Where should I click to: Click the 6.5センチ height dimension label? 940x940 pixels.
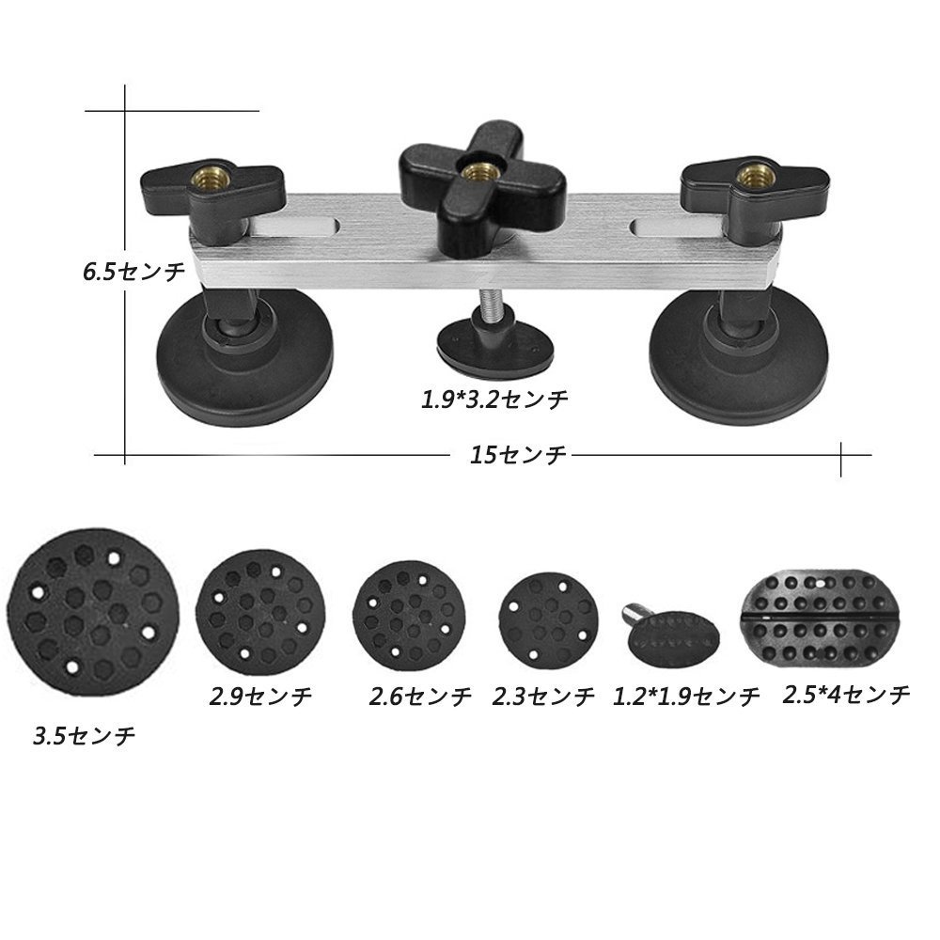tap(134, 272)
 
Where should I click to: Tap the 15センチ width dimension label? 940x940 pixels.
tap(517, 455)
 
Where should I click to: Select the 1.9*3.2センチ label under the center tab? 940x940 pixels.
tap(494, 399)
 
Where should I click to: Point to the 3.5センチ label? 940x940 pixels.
tap(84, 736)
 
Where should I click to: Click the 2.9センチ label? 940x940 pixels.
tap(260, 696)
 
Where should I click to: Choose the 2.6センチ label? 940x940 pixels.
tap(420, 696)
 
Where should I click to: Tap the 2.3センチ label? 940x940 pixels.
tap(543, 696)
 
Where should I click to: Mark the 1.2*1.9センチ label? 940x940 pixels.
tap(686, 696)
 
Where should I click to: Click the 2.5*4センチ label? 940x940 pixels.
tap(847, 695)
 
